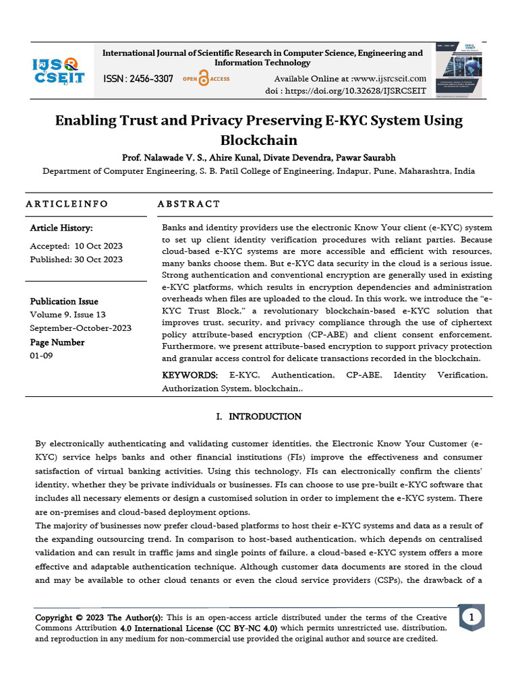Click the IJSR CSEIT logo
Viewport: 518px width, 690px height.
59,70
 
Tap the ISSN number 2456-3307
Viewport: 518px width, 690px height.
138,79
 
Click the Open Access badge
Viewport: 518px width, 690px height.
206,79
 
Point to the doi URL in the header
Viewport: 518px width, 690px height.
364,91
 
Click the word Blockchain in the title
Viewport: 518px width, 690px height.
258,140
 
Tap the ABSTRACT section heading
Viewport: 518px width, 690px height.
188,203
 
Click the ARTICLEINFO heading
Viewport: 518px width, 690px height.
66,203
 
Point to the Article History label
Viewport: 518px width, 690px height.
61,228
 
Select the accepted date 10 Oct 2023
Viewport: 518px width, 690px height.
98,246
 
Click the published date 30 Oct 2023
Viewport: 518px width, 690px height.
98,259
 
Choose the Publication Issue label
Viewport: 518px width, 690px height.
64,301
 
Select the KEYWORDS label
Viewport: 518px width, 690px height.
190,375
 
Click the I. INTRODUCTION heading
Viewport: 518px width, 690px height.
258,416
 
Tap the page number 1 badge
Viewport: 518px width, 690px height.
471,617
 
